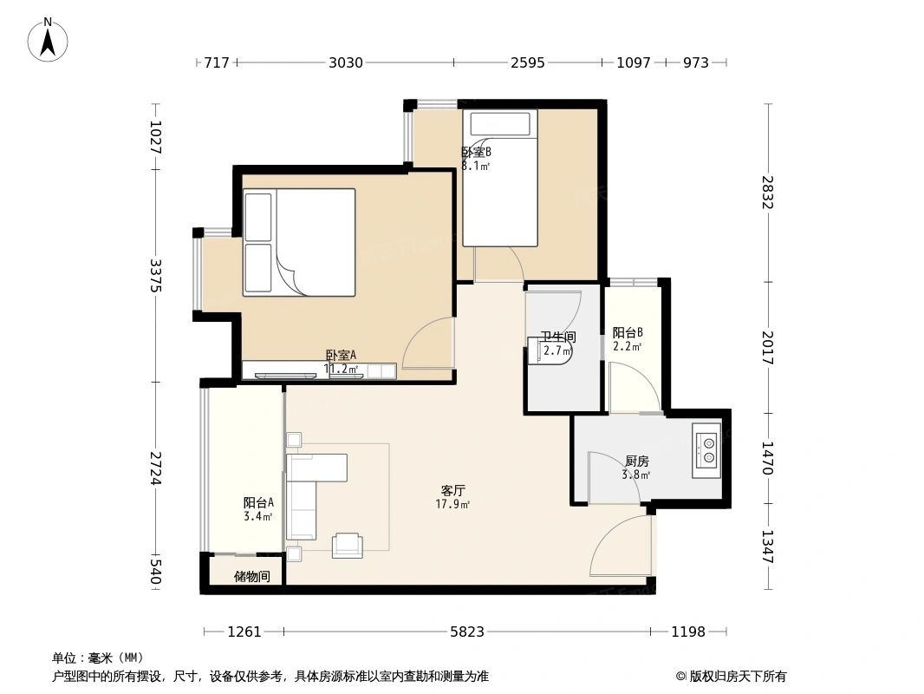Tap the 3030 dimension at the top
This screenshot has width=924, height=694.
(x=345, y=62)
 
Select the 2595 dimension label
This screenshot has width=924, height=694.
(x=527, y=62)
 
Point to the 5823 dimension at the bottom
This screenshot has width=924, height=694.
(x=467, y=632)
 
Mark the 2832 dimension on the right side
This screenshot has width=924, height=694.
(x=767, y=193)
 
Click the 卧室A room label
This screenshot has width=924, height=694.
(x=341, y=355)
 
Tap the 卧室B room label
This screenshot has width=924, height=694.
(x=476, y=152)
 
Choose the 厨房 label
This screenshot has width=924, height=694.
(x=636, y=462)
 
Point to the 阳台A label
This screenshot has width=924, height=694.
(x=258, y=502)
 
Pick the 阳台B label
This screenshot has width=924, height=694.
(x=627, y=332)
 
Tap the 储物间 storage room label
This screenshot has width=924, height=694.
(x=251, y=576)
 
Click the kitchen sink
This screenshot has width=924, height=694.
(x=706, y=449)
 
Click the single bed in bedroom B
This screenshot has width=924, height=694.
(x=500, y=178)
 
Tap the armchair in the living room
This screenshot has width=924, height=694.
(x=348, y=544)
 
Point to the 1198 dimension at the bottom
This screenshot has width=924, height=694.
(x=688, y=632)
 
